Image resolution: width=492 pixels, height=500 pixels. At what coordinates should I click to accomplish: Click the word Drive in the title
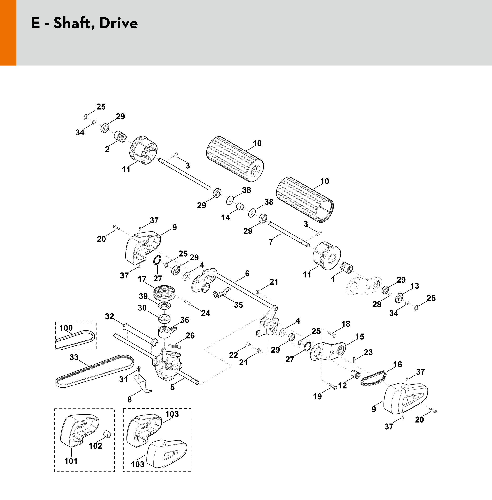[x=118, y=23]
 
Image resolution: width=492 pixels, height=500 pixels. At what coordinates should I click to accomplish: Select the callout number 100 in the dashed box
[x=66, y=328]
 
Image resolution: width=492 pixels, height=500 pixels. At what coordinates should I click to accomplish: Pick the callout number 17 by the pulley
[x=142, y=279]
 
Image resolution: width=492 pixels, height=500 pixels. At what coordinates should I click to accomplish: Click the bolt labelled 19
[x=333, y=386]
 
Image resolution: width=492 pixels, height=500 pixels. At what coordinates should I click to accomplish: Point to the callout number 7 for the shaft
[x=271, y=242]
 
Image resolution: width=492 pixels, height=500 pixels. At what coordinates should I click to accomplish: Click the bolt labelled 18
[x=332, y=334]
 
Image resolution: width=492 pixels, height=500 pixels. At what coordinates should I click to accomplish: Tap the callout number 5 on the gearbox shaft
[x=172, y=387]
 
